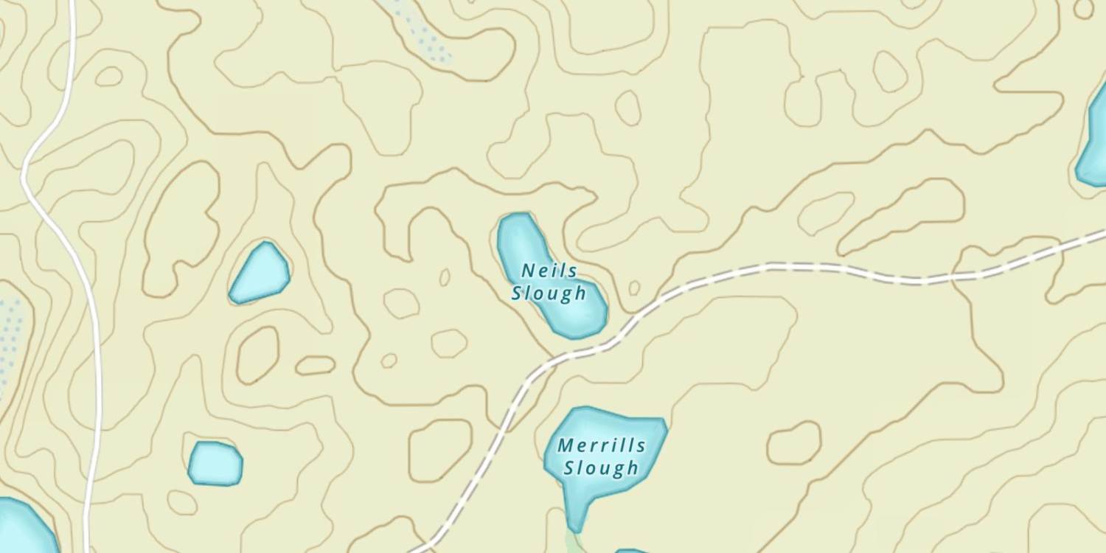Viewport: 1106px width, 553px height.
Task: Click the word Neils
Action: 549,271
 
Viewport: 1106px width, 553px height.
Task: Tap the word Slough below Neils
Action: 549,293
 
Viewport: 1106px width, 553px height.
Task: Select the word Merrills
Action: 602,445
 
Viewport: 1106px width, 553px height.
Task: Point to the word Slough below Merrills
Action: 601,467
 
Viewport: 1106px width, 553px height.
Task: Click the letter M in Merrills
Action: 566,445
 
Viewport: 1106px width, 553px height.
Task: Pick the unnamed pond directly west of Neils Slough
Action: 260,273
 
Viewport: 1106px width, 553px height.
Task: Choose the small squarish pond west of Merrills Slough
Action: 215,463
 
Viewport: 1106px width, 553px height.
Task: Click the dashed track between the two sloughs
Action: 582,352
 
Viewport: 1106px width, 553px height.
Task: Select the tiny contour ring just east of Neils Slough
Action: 634,288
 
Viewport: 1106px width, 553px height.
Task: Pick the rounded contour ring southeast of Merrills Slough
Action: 794,443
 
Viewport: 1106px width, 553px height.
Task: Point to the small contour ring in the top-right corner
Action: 1084,9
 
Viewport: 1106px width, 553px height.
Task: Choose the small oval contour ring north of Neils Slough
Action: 628,108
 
